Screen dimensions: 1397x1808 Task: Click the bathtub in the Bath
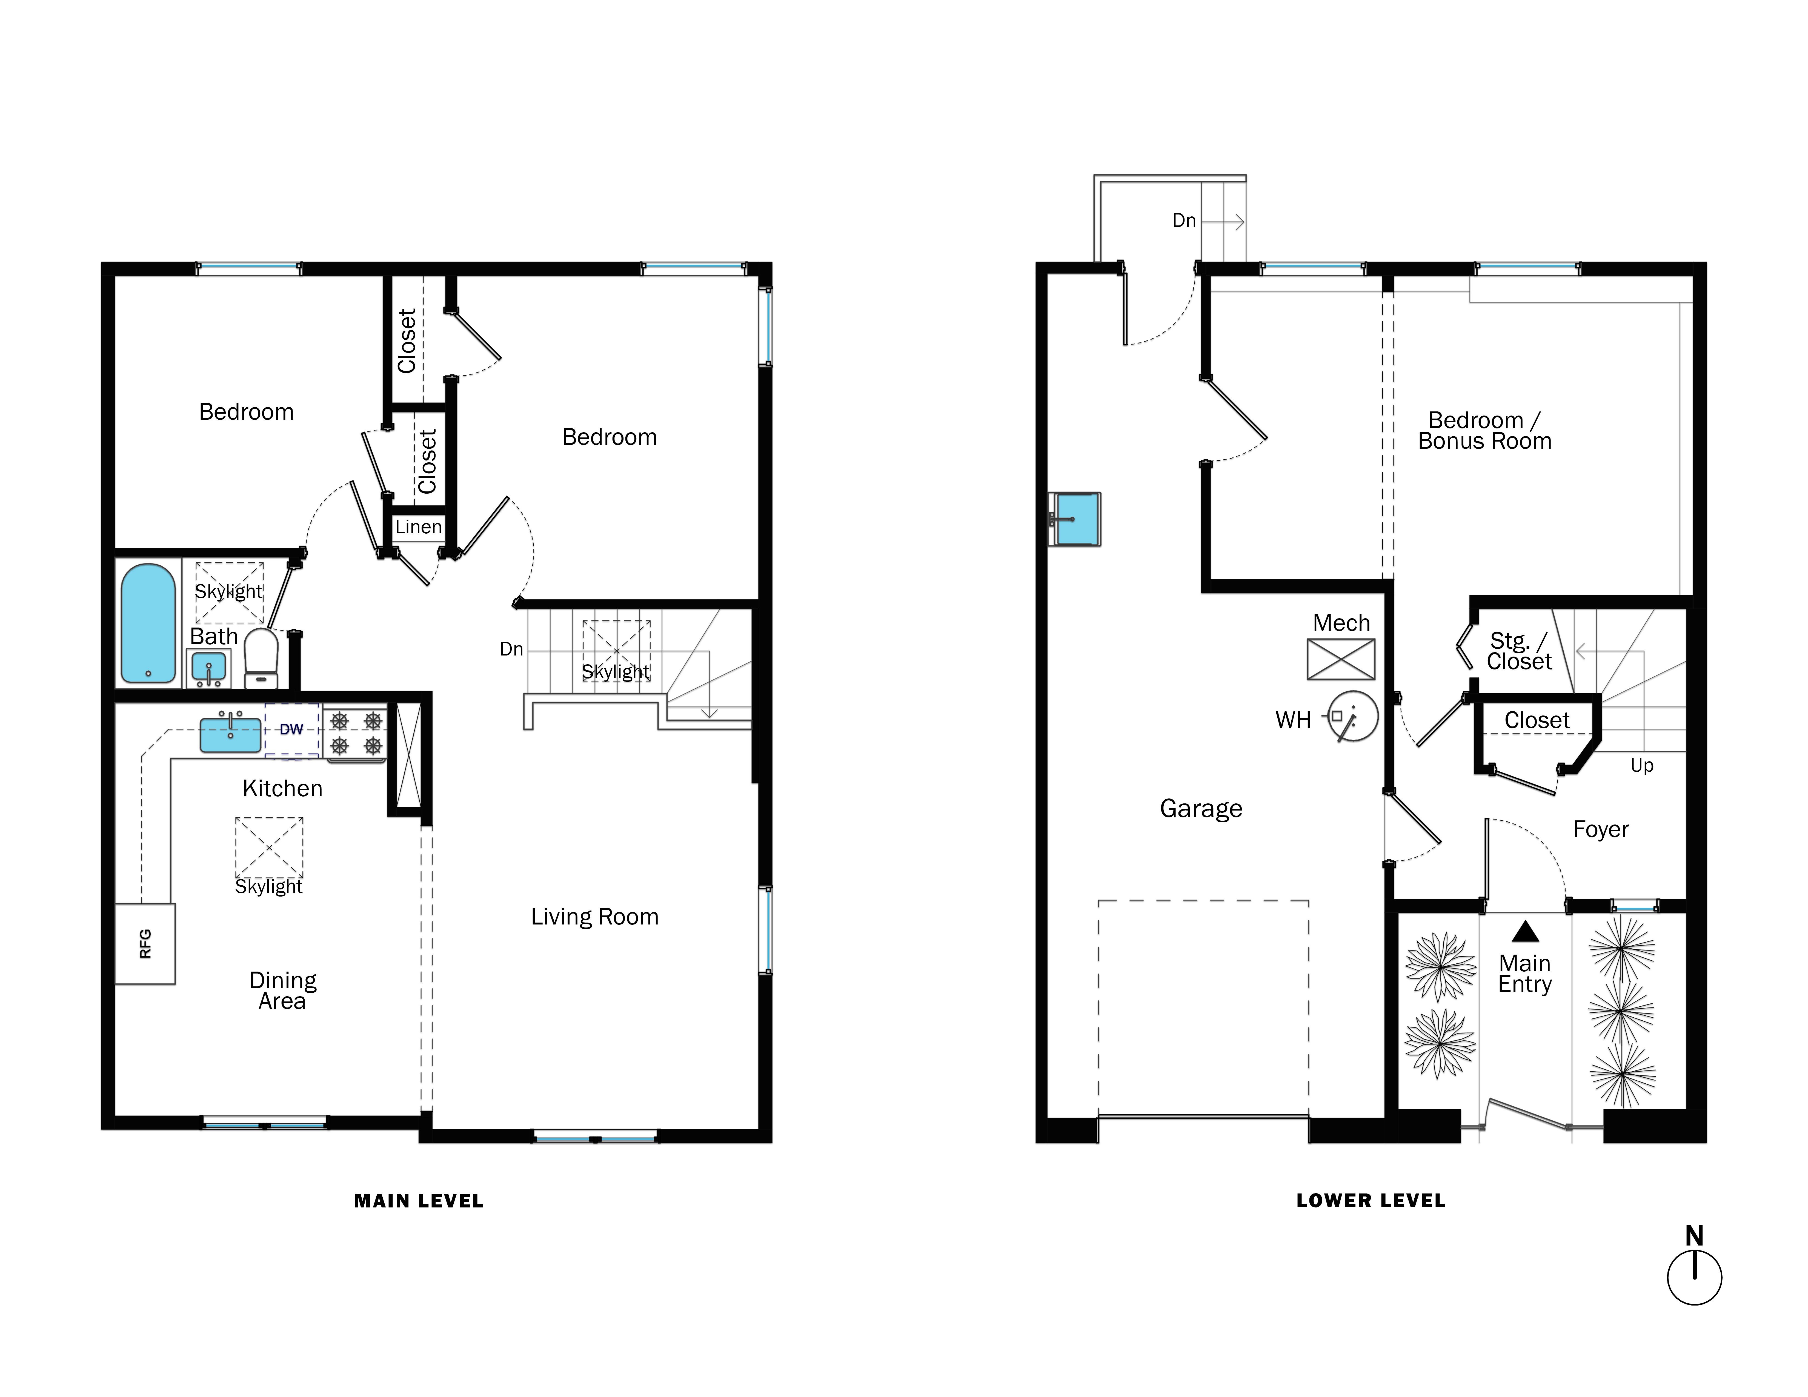pyautogui.click(x=148, y=623)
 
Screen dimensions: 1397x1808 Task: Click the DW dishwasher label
pyautogui.click(x=291, y=729)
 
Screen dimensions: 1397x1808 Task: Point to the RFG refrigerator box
pyautogui.click(x=145, y=943)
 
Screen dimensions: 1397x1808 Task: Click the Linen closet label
pyautogui.click(x=418, y=527)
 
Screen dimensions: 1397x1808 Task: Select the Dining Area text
pyautogui.click(x=282, y=991)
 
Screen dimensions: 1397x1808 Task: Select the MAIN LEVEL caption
pyautogui.click(x=418, y=1201)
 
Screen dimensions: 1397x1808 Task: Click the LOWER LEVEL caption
pyautogui.click(x=1370, y=1201)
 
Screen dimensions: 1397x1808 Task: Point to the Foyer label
pyautogui.click(x=1600, y=829)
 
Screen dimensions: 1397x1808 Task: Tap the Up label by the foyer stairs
pyautogui.click(x=1642, y=766)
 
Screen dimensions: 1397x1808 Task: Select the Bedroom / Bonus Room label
pyautogui.click(x=1484, y=430)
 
